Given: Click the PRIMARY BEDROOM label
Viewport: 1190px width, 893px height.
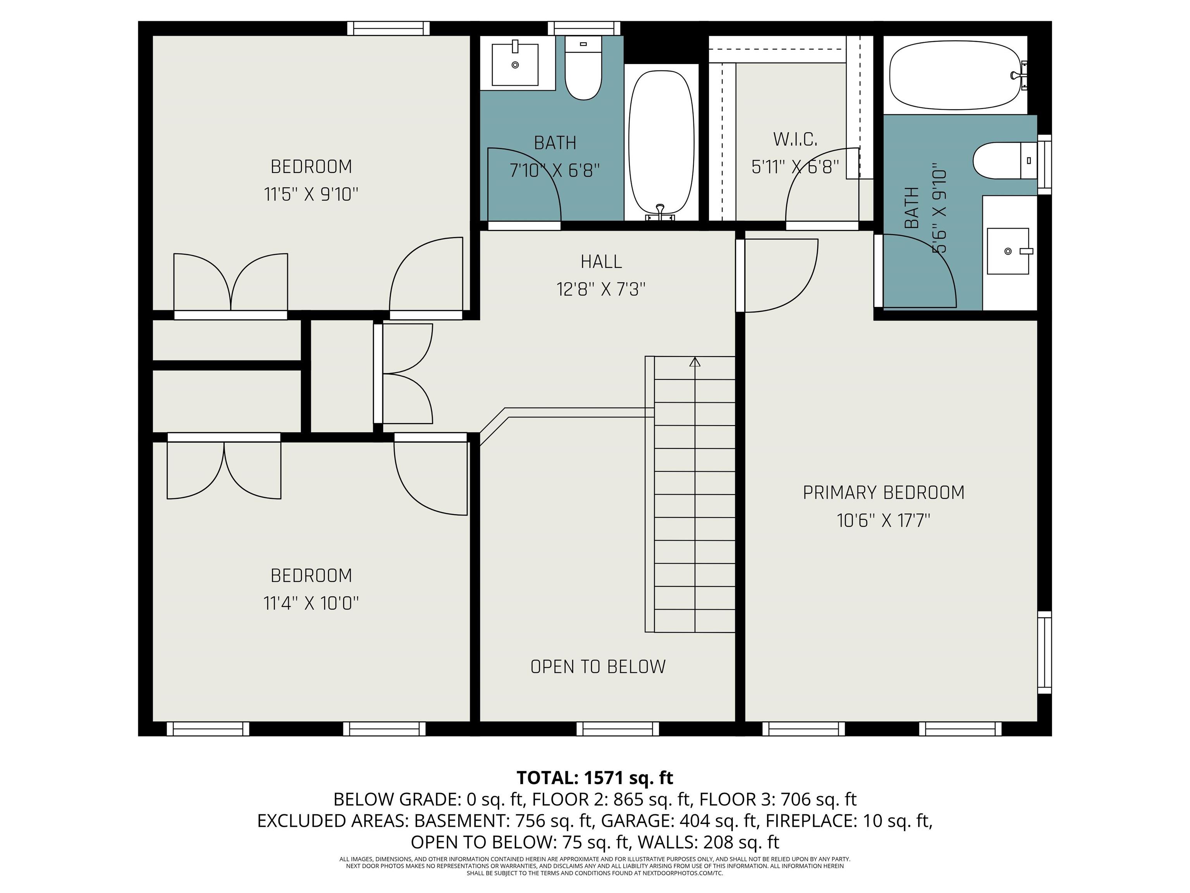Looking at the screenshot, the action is (883, 493).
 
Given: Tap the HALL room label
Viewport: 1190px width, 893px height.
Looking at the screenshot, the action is (601, 262).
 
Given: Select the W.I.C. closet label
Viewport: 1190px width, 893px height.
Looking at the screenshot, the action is (795, 140).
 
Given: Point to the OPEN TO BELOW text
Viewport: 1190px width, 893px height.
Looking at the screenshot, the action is (598, 667).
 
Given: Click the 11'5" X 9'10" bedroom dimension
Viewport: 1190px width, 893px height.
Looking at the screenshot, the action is (311, 194).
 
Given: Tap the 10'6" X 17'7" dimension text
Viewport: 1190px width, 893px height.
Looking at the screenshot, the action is (883, 521).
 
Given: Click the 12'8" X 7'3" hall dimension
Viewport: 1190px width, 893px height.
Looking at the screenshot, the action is (601, 290).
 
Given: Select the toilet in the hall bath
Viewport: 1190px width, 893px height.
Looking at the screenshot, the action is (583, 68).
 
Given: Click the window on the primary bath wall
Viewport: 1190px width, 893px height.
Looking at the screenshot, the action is (1044, 164).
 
